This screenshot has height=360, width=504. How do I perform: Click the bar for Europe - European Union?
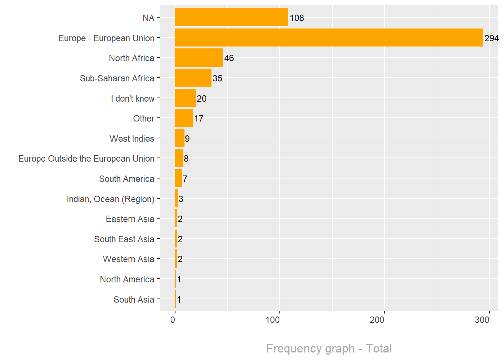click(x=329, y=37)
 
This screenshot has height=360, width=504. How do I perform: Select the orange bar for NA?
click(x=231, y=17)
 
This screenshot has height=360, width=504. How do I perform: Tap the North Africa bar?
click(x=199, y=58)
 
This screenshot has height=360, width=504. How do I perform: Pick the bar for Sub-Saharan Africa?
click(x=193, y=78)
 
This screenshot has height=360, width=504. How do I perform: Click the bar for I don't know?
click(x=185, y=98)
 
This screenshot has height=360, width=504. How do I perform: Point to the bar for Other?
click(x=184, y=118)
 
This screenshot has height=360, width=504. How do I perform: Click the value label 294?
click(x=491, y=38)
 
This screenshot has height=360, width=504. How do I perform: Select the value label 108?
click(x=297, y=18)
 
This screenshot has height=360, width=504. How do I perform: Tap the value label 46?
click(x=229, y=58)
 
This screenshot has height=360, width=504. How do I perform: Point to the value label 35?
click(x=217, y=78)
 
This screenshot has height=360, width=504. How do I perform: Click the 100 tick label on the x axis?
click(x=272, y=320)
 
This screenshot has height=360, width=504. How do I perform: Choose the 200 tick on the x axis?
click(x=377, y=320)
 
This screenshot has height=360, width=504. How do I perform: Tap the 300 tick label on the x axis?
click(x=482, y=320)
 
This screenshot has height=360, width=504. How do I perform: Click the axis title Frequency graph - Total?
click(x=329, y=348)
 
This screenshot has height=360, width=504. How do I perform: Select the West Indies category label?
click(x=132, y=139)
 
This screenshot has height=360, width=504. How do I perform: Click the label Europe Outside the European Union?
click(x=86, y=159)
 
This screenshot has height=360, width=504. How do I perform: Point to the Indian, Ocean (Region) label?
click(x=110, y=199)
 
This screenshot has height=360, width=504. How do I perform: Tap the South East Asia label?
click(x=124, y=239)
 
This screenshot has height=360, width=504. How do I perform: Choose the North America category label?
click(x=127, y=279)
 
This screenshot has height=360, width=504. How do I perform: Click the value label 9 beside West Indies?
click(x=187, y=139)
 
